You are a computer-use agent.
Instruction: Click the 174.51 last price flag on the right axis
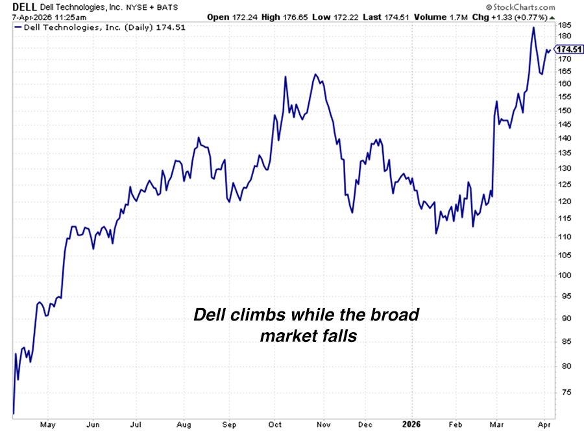click(x=568, y=49)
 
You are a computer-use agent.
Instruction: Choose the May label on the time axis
click(x=47, y=424)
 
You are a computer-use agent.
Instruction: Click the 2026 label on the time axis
click(x=410, y=424)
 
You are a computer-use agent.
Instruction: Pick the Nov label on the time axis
click(x=322, y=424)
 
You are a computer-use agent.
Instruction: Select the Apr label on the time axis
click(x=544, y=424)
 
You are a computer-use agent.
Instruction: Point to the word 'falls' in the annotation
click(x=338, y=336)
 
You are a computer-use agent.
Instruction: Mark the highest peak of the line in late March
click(x=533, y=27)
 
